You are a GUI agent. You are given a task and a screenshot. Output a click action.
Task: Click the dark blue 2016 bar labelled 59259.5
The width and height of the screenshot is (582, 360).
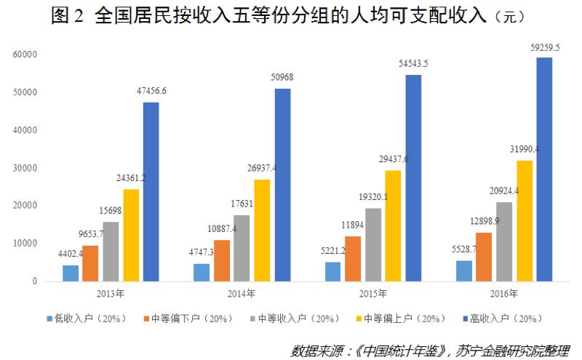tap(544, 169)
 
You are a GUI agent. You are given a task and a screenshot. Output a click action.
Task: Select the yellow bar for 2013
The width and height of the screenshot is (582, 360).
tap(131, 235)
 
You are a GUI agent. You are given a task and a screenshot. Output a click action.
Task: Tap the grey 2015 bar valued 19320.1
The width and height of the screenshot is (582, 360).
tap(372, 244)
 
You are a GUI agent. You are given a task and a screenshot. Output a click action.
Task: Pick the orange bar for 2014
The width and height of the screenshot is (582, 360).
tap(221, 260)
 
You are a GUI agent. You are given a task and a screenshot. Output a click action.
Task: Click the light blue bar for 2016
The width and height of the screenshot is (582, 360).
tap(463, 271)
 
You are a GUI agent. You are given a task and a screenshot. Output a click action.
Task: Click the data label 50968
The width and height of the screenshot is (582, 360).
tap(282, 77)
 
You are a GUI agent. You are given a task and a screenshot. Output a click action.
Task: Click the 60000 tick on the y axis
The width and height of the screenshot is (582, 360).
tap(26, 55)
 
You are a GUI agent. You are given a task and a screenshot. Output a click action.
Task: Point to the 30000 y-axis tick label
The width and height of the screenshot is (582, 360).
tap(26, 168)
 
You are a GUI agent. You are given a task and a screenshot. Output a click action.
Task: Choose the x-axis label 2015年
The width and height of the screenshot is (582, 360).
tap(372, 294)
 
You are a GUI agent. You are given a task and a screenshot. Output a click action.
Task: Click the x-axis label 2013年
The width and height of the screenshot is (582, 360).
tap(111, 294)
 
